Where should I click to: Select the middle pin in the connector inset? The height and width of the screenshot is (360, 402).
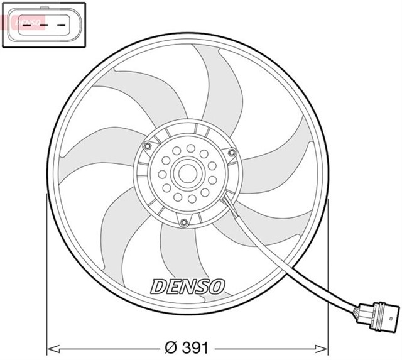tap(43, 25)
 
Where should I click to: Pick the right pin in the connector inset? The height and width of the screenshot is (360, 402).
tap(62, 25)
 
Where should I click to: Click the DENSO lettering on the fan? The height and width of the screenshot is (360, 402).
tap(187, 286)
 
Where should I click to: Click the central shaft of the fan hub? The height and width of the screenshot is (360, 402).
tap(187, 173)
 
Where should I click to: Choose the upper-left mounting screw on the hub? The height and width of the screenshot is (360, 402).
tap(148, 147)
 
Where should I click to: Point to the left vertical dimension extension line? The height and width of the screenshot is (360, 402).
tap(47, 270)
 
